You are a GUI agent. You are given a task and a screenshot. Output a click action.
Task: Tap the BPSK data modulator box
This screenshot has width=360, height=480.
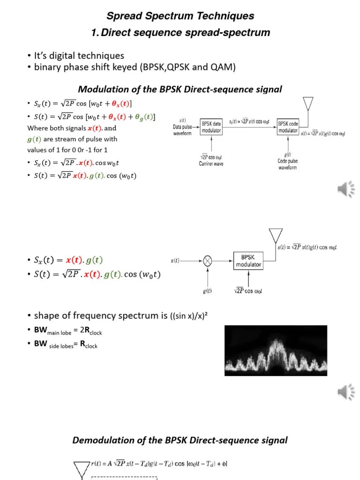[x=211, y=127]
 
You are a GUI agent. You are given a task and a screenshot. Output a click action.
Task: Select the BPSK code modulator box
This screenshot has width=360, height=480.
[x=288, y=127]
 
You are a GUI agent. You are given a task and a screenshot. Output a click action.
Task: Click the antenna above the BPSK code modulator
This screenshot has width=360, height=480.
[x=307, y=104]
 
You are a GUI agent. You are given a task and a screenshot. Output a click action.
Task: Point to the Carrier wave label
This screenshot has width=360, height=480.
[x=211, y=164]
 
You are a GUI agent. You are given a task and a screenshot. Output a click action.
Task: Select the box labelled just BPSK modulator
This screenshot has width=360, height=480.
[x=248, y=261]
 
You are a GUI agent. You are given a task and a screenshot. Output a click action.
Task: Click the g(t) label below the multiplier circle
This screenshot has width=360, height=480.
[x=207, y=291]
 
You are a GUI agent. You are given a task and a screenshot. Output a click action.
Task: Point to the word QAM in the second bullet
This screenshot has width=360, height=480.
[x=223, y=67]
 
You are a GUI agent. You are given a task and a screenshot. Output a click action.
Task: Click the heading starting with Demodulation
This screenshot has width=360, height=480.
[x=180, y=440]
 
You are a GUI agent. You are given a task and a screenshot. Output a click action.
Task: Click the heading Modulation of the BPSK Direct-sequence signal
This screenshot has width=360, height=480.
[x=180, y=89]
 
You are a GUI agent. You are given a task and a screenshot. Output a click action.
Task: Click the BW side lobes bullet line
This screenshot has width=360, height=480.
[x=66, y=345]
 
